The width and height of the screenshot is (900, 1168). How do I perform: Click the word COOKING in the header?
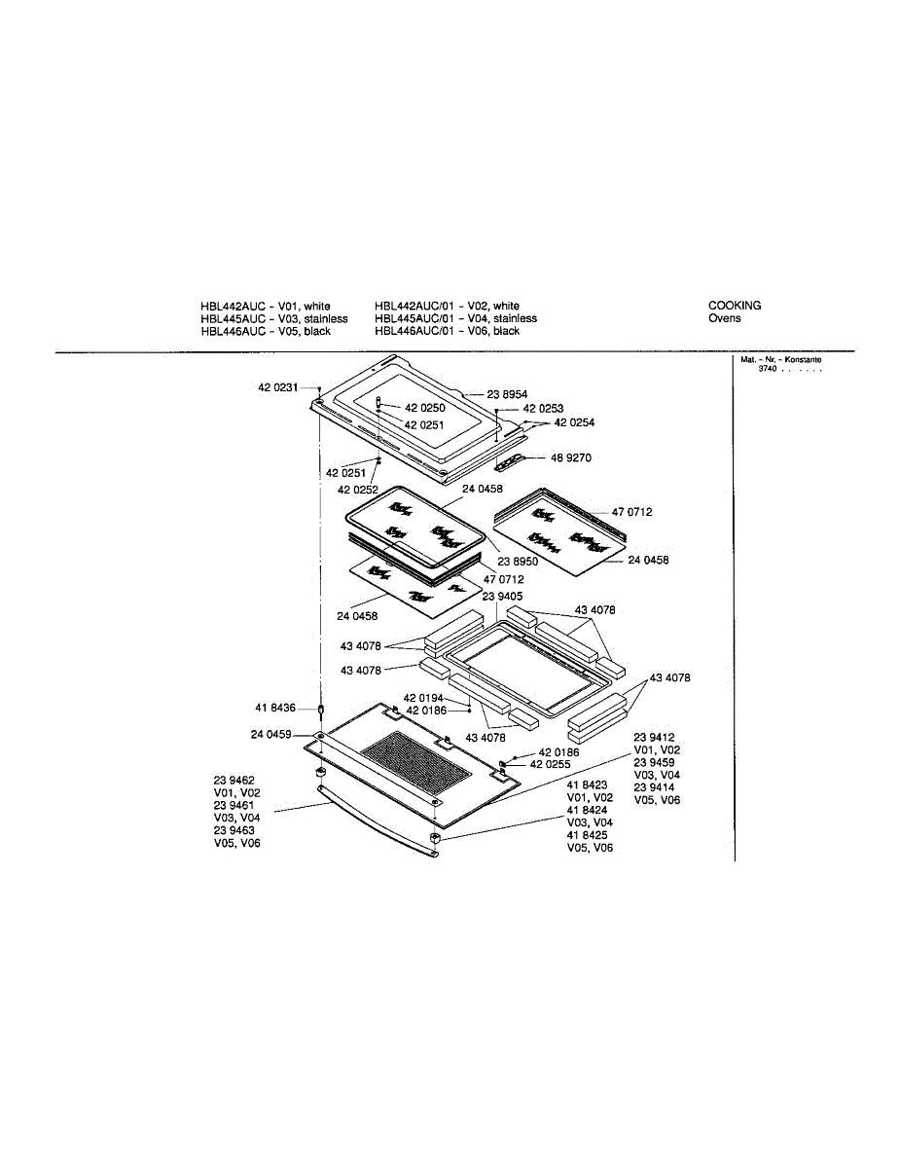[735, 306]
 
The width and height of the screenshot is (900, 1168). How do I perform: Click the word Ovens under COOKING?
[724, 318]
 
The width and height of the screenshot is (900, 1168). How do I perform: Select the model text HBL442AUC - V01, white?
[265, 306]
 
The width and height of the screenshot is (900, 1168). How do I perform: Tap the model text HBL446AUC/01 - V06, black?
[447, 331]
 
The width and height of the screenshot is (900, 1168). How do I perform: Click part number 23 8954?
[507, 394]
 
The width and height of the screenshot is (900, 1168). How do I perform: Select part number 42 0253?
[543, 409]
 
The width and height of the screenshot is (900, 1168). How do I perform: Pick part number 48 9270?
[571, 457]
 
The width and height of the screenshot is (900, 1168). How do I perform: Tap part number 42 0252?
[358, 490]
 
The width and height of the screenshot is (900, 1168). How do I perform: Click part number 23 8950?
[518, 562]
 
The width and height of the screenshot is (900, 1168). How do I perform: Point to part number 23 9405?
[502, 596]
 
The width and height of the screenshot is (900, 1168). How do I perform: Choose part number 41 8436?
[275, 708]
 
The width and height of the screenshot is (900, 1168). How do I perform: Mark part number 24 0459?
[271, 734]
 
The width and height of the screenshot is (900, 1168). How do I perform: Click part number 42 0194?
[423, 698]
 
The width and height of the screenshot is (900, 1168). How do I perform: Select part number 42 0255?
[550, 765]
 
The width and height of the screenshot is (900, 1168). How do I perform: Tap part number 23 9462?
[234, 781]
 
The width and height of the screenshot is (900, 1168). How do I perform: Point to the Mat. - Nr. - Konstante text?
[780, 360]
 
